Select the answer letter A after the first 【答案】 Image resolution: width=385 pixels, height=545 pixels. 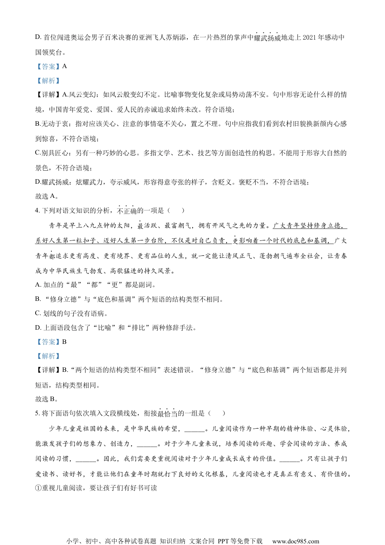point(64,67)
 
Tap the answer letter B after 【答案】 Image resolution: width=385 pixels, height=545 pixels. point(64,342)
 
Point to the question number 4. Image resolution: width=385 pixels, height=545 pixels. point(37,210)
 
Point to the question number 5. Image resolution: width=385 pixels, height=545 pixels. point(37,413)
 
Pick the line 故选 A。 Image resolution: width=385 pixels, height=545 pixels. point(47,196)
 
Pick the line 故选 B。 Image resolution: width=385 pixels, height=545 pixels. point(47,399)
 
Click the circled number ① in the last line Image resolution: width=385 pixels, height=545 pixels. point(38,488)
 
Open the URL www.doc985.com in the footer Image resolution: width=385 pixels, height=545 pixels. point(295,541)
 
